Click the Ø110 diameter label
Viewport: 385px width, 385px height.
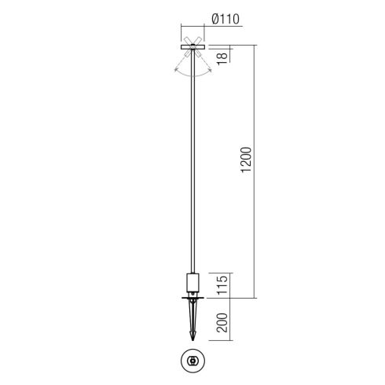(225, 20)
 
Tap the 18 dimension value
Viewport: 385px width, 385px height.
(222, 58)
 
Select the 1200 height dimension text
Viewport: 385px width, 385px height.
(246, 159)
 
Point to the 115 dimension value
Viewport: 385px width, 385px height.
(222, 284)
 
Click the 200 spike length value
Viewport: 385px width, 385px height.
(222, 322)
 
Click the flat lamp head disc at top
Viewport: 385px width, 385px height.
(192, 47)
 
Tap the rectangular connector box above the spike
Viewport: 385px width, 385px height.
(192, 283)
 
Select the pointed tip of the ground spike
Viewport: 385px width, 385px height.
(193, 340)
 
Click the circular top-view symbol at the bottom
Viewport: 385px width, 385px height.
(192, 361)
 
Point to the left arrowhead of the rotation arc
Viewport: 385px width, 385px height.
(176, 70)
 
